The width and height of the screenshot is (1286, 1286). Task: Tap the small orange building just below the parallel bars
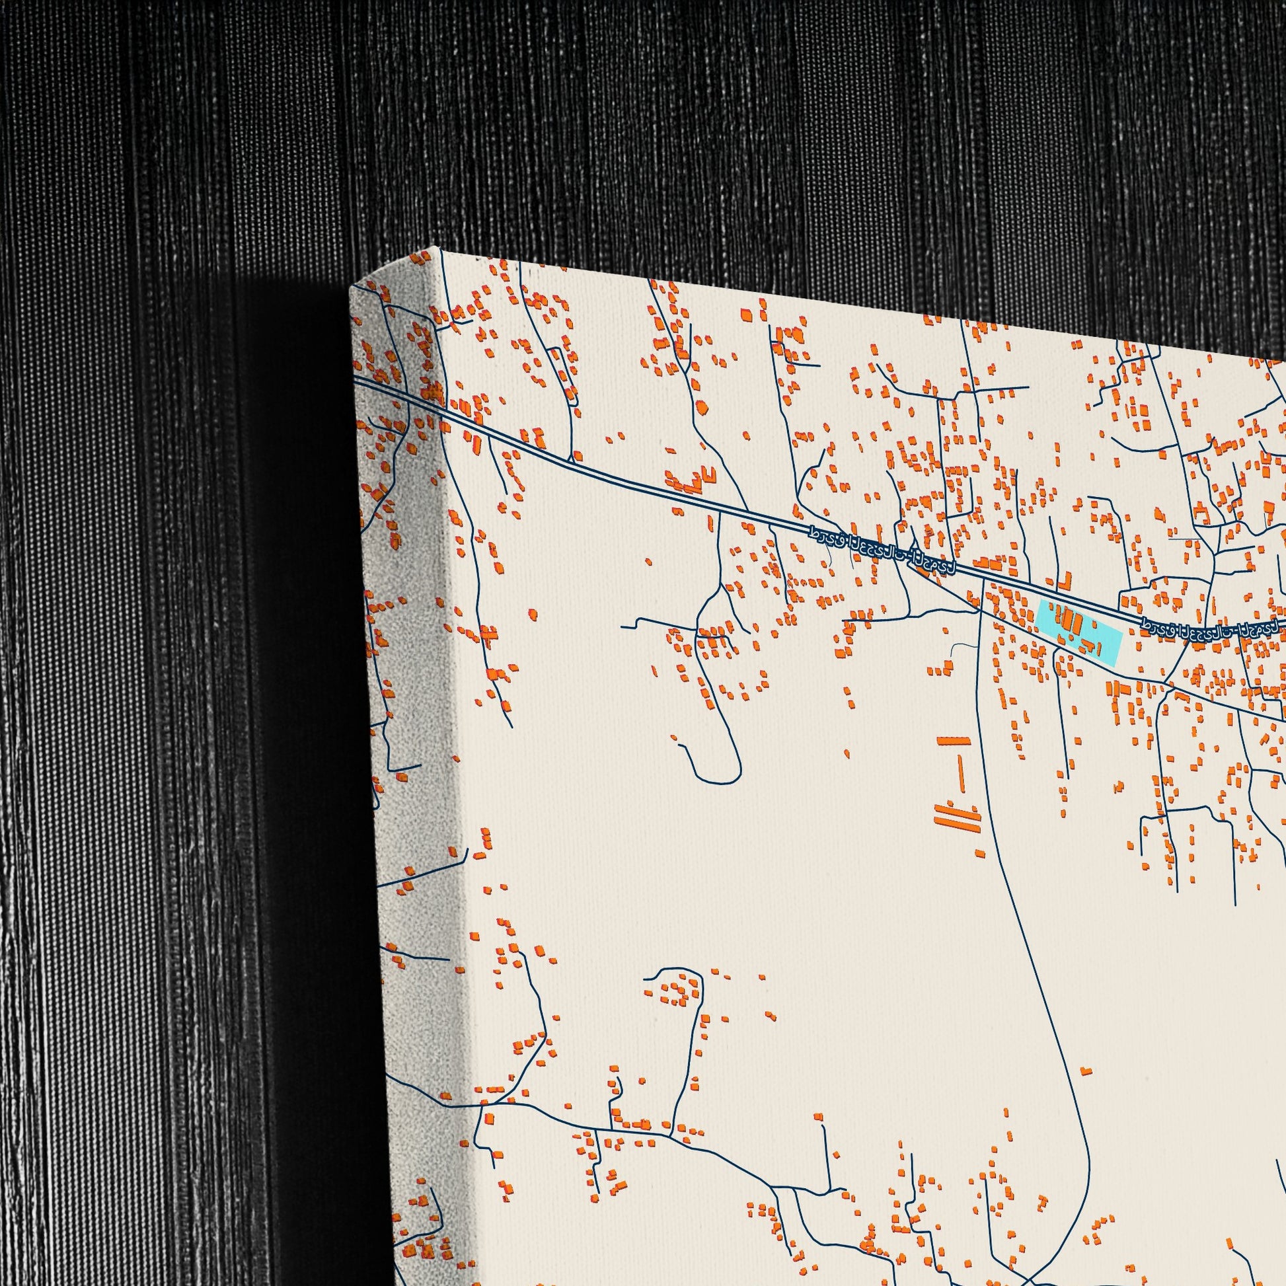[x=979, y=852]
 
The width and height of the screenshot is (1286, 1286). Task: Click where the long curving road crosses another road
[x=982, y=609]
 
